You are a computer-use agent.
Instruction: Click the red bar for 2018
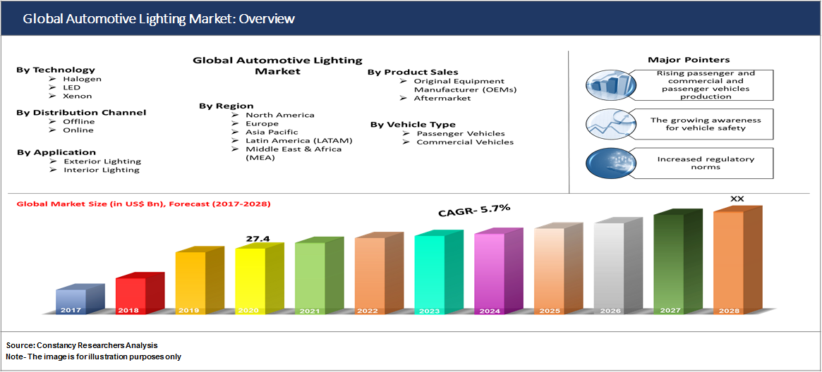(131, 294)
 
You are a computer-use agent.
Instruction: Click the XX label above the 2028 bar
(737, 199)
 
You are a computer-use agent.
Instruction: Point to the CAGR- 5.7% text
(473, 210)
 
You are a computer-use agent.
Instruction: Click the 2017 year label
(71, 310)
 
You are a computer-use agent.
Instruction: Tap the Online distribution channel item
(78, 130)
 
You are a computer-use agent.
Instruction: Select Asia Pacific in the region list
(272, 132)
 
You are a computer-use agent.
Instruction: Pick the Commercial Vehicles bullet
(465, 142)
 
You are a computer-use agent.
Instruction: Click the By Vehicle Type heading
(413, 125)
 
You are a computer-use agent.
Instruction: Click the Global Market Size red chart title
(143, 204)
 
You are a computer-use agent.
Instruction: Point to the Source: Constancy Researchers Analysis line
(82, 345)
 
